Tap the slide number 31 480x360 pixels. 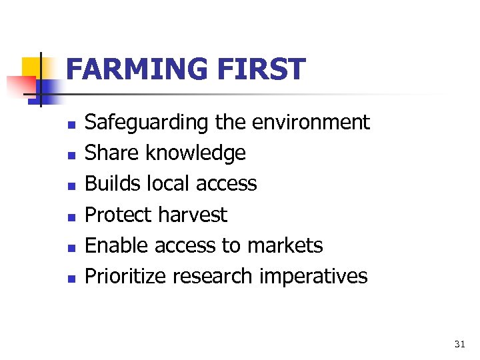pos(459,344)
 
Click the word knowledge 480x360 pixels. pos(195,153)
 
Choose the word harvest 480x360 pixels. pos(192,215)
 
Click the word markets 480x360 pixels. pos(285,245)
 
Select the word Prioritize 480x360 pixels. pos(127,276)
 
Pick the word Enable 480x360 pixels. pos(117,245)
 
